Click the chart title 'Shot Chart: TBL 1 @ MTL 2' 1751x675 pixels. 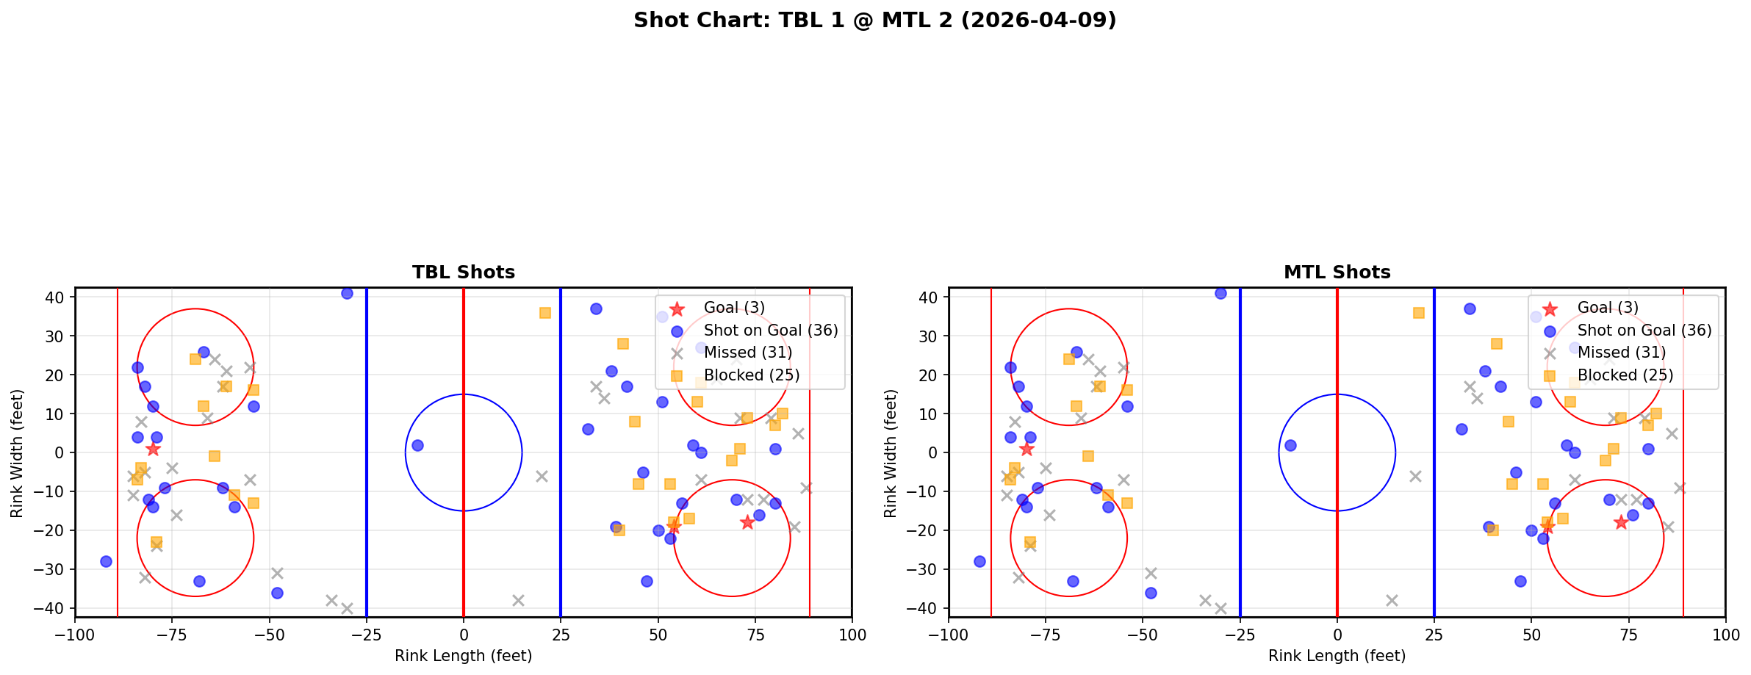pos(874,20)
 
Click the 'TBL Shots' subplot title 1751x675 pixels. pos(463,272)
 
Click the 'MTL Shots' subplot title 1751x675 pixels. pos(1337,272)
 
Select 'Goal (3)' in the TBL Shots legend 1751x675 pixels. pos(734,308)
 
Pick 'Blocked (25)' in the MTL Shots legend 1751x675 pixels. pos(1625,375)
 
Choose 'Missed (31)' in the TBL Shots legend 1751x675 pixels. pos(747,353)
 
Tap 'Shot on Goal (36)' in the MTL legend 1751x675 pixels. pos(1644,331)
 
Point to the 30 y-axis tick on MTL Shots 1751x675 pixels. pos(930,336)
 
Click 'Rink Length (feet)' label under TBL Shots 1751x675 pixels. pos(463,656)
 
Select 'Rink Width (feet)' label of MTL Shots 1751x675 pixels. pos(891,452)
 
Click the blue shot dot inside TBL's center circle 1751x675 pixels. pos(417,445)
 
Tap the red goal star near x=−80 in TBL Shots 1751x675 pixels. pos(153,449)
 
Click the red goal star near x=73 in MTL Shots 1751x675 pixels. pos(1620,522)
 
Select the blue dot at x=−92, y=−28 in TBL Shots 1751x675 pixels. pos(106,561)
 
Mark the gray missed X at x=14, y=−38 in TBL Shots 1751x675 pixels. pos(518,600)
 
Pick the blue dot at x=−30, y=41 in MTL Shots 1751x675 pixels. pos(1220,293)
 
